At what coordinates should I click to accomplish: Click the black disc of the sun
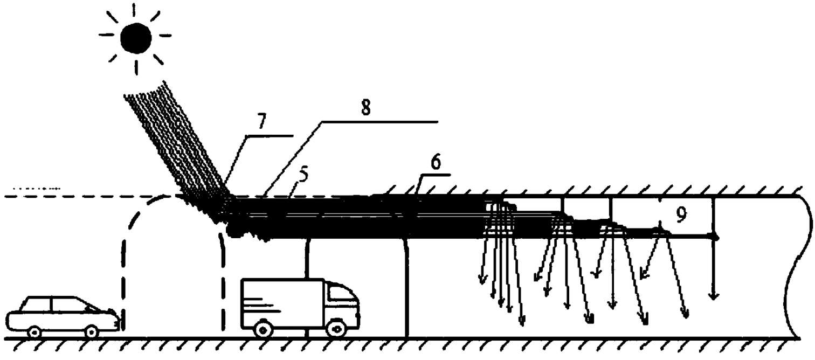click(135, 37)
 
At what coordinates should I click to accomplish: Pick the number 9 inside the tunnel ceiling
click(681, 216)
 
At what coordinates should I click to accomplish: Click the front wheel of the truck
click(336, 327)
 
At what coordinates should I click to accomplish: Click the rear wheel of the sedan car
click(34, 331)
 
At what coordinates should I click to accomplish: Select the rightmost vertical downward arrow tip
click(714, 295)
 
